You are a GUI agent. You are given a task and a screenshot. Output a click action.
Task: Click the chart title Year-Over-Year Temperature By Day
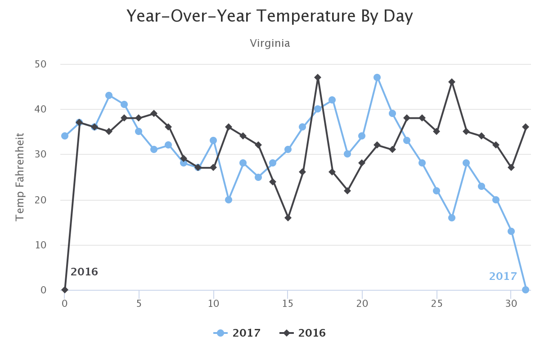(x=270, y=17)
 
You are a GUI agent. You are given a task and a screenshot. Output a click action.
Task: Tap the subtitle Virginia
(x=270, y=44)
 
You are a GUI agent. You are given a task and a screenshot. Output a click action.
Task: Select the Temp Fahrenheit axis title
(x=19, y=177)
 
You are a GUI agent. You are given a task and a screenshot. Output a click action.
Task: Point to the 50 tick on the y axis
(x=40, y=64)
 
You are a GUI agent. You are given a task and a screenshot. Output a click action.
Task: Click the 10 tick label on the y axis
(x=40, y=245)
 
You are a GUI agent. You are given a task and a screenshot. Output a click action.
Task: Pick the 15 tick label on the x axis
(x=288, y=303)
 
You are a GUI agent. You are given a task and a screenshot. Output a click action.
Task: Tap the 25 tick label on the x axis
(x=436, y=303)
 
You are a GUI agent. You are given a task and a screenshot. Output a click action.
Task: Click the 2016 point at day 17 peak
(x=318, y=77)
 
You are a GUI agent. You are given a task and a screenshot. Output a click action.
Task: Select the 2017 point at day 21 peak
(x=377, y=77)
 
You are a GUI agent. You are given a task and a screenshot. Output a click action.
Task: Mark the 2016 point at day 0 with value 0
(x=65, y=290)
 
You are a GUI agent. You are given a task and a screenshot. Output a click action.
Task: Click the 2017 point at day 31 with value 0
(x=526, y=290)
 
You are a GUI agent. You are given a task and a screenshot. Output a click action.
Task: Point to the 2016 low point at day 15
(x=288, y=218)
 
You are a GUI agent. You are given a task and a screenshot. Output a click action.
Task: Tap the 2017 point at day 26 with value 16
(x=452, y=218)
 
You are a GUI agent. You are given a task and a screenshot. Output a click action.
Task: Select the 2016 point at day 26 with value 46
(x=452, y=82)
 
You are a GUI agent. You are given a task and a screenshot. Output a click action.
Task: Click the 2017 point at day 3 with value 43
(x=109, y=95)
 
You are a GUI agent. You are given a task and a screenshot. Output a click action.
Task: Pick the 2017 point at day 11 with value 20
(x=229, y=200)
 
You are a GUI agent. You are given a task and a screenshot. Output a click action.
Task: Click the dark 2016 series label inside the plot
(x=84, y=272)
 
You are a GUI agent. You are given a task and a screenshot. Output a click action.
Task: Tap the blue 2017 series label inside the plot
(x=503, y=276)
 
